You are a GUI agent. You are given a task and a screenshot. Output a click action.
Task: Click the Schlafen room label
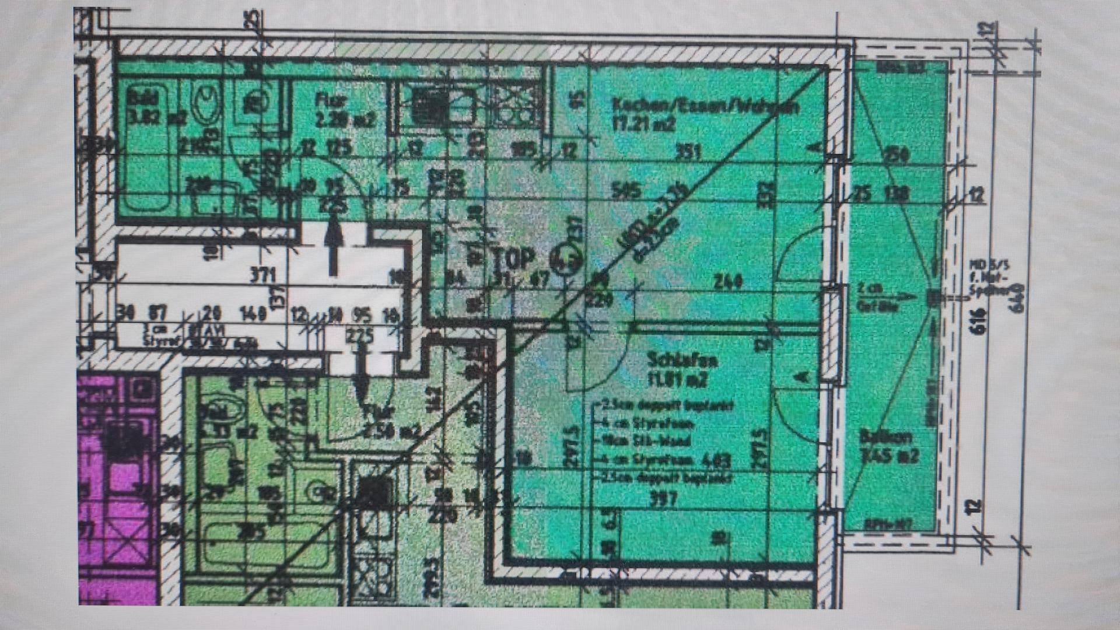click(682, 360)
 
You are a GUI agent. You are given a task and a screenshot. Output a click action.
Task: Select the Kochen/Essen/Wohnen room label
click(705, 107)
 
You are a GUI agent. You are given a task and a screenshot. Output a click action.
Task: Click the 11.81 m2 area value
click(678, 380)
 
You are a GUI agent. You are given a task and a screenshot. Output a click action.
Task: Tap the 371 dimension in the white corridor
click(262, 274)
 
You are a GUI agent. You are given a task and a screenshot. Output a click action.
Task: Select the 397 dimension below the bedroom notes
click(661, 499)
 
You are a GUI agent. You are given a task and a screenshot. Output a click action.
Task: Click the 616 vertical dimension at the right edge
click(978, 321)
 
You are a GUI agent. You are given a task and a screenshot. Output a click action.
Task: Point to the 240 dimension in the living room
click(728, 282)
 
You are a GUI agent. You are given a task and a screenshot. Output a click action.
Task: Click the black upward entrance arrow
click(333, 245)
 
